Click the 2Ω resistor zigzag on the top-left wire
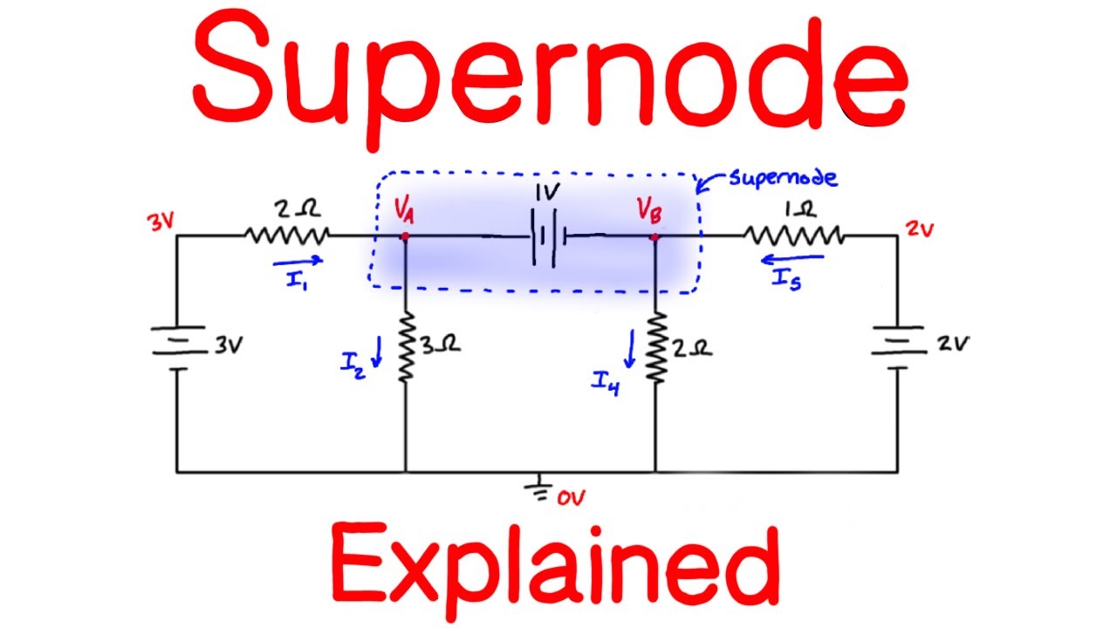[x=286, y=235]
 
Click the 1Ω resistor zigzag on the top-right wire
[x=792, y=235]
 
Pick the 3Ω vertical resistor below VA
[x=406, y=348]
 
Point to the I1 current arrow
[x=297, y=259]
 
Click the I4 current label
[x=604, y=381]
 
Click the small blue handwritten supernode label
[x=782, y=178]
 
